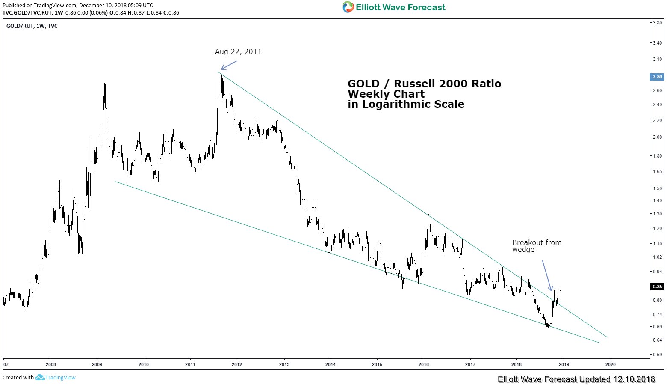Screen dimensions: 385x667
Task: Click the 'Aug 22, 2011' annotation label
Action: click(x=238, y=52)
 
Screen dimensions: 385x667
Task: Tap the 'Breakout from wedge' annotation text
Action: click(x=537, y=246)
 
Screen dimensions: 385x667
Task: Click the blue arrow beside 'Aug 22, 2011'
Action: click(x=229, y=65)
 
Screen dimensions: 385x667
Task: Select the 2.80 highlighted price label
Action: click(x=657, y=77)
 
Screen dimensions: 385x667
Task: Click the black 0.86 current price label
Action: click(x=657, y=287)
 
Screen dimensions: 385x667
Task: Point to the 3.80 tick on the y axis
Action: click(x=657, y=23)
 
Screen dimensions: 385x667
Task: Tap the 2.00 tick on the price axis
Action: click(x=657, y=137)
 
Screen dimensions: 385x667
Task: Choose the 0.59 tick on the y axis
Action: click(x=657, y=355)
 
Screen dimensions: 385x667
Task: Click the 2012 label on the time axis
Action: click(x=237, y=364)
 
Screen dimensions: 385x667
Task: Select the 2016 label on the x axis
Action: click(x=424, y=364)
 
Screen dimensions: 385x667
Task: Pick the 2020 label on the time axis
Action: click(x=610, y=364)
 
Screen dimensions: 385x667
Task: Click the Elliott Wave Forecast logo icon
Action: click(x=348, y=7)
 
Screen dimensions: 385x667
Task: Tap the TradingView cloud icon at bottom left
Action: click(x=40, y=377)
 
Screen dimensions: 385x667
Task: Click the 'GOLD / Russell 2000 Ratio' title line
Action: click(x=424, y=84)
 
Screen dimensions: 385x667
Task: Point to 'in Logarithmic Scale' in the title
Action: click(x=406, y=104)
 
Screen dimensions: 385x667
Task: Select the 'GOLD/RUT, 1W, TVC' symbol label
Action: click(x=32, y=26)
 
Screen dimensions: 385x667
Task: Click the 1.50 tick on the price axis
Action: click(x=657, y=188)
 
